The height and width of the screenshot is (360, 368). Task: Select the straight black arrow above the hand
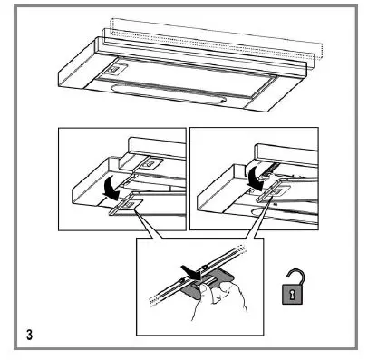point(188,268)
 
